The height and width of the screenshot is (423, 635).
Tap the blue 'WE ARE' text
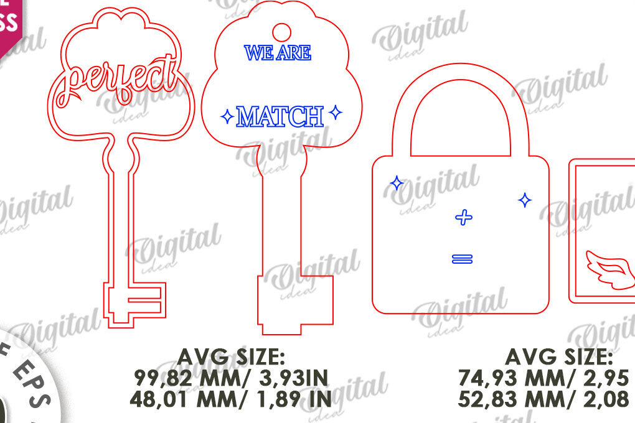(278, 53)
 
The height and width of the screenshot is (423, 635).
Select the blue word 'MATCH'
(281, 116)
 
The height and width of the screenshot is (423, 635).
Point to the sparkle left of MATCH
(228, 116)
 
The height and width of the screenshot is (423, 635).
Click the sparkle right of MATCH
(336, 113)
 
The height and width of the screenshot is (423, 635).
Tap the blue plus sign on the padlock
(463, 218)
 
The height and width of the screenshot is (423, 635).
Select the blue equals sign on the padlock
(463, 259)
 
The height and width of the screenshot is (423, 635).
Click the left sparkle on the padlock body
(396, 182)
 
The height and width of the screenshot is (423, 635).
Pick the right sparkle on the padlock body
(525, 200)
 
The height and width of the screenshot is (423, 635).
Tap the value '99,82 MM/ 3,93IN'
(231, 378)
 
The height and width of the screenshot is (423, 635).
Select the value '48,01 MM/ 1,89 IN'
(231, 398)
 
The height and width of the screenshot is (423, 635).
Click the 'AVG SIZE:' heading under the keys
(231, 357)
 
